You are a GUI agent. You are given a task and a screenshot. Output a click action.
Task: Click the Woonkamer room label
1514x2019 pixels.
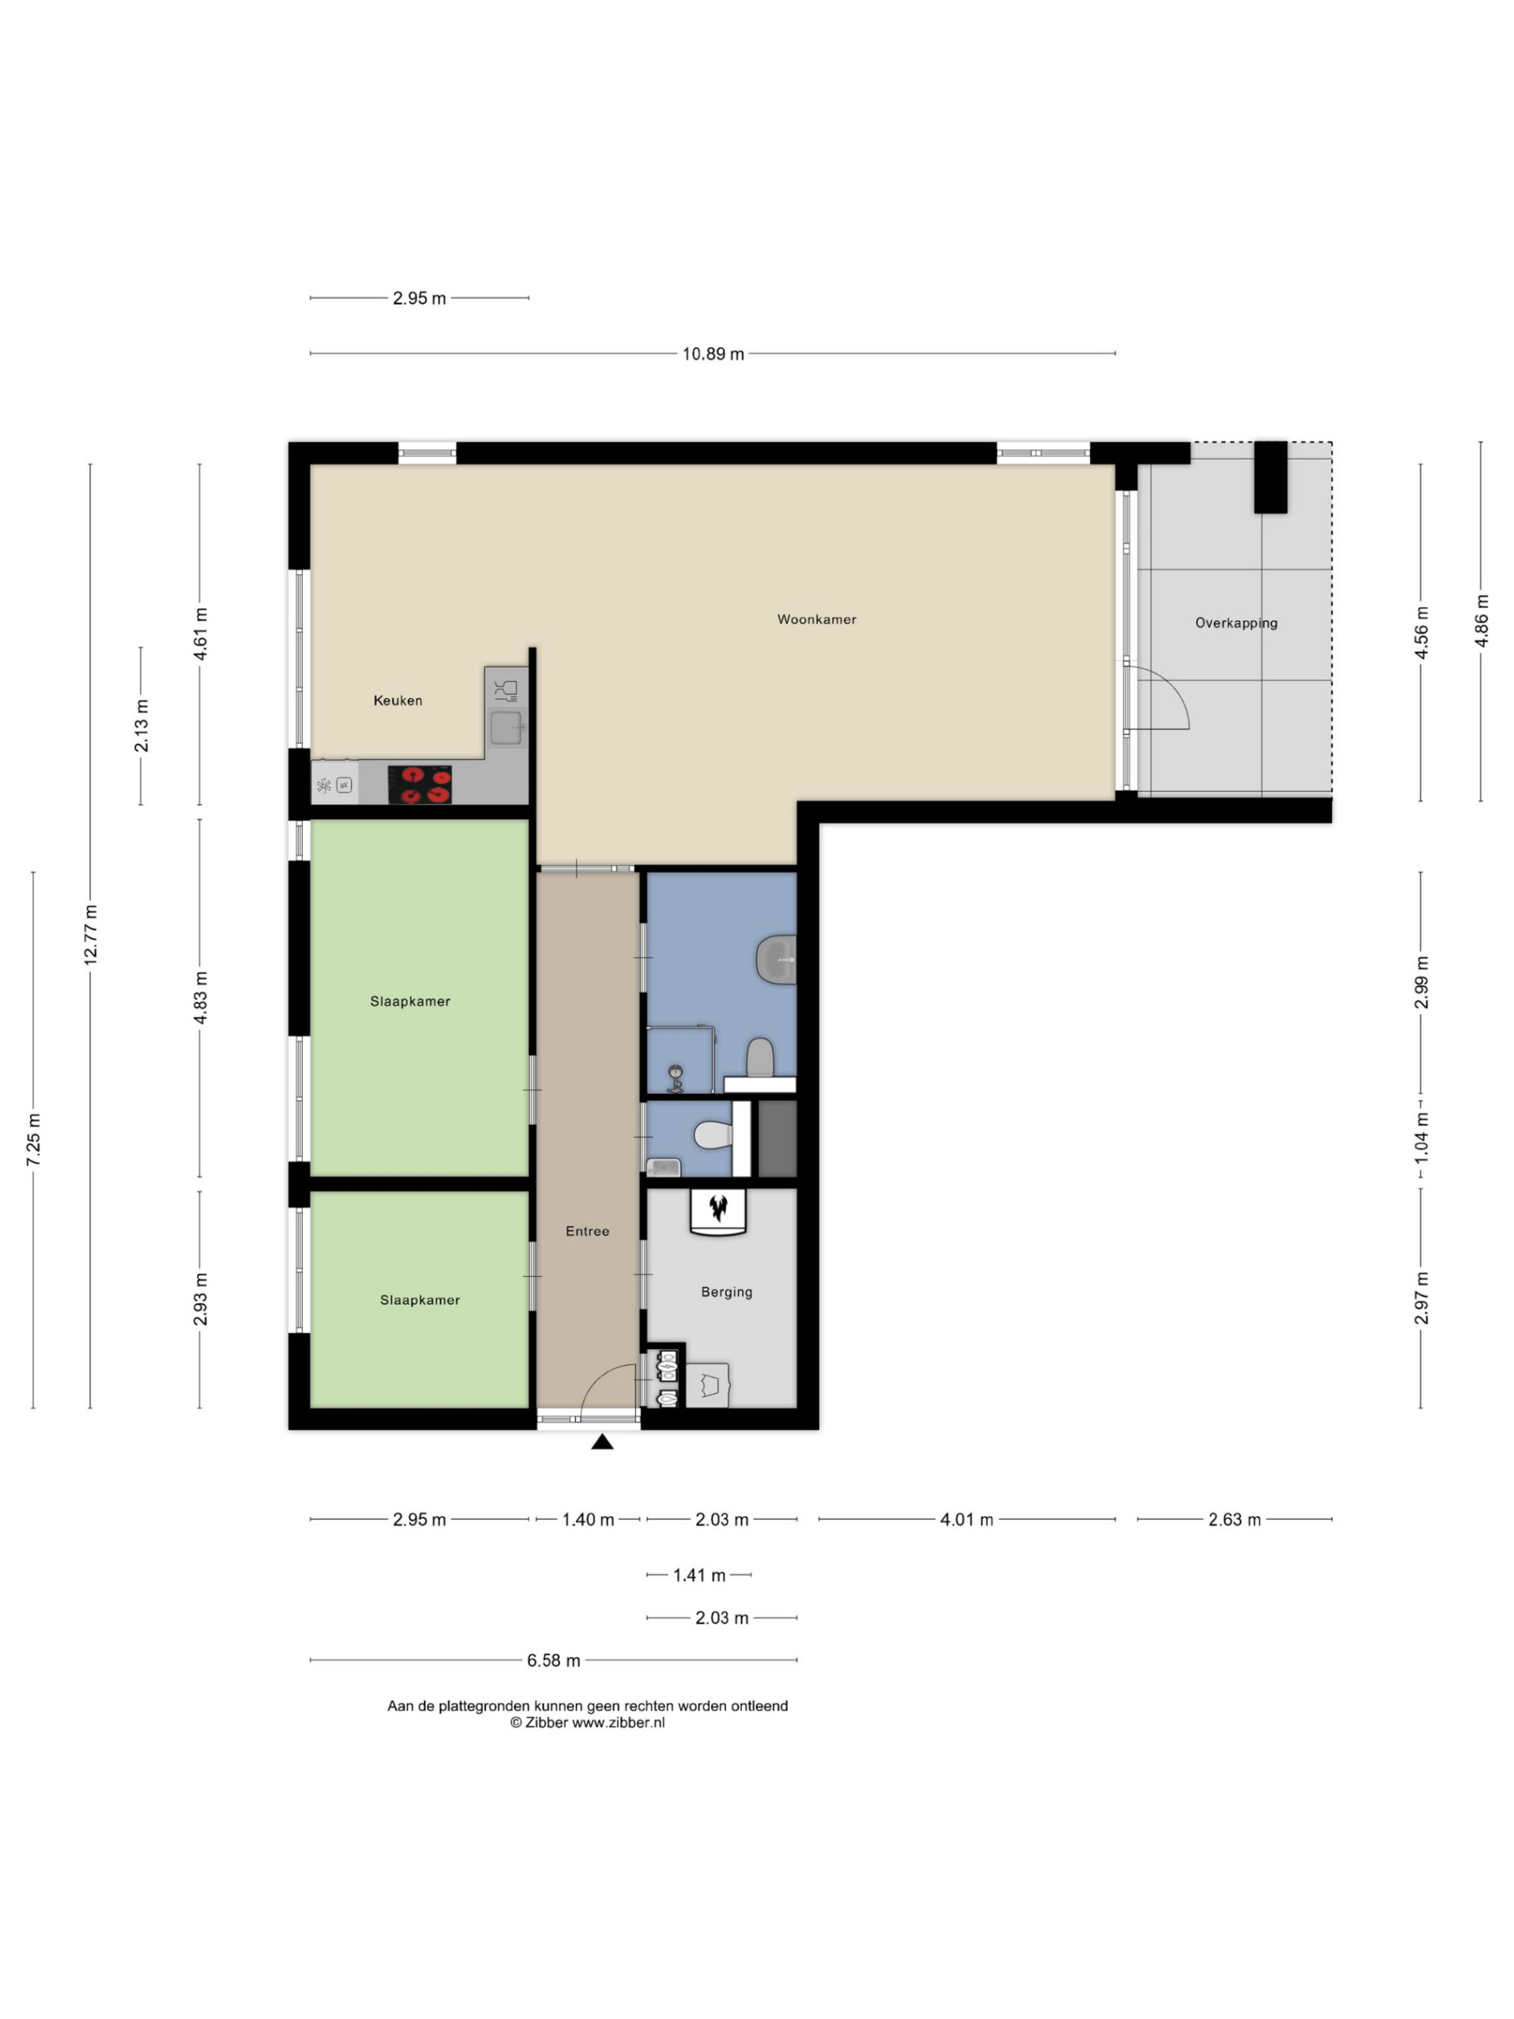tap(816, 618)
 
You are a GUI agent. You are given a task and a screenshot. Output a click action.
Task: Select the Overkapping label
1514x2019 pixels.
tap(1235, 623)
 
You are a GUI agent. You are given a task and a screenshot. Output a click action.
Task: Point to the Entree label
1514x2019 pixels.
tap(587, 1231)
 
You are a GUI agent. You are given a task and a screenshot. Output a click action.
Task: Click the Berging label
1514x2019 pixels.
tap(727, 1292)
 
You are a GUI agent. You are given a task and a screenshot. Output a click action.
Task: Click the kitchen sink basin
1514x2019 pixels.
tap(506, 728)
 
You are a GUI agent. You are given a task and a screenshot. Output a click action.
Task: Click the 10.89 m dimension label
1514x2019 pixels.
tap(713, 354)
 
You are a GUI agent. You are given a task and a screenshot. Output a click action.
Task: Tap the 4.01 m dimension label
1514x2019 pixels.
tap(967, 1519)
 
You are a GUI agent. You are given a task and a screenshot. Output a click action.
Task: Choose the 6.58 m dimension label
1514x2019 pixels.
tap(553, 1660)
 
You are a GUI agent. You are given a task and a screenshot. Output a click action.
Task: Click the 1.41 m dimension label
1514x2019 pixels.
tap(699, 1575)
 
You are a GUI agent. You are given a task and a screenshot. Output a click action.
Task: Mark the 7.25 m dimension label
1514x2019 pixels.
tap(34, 1139)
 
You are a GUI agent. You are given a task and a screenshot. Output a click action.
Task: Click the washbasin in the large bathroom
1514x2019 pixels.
tap(777, 960)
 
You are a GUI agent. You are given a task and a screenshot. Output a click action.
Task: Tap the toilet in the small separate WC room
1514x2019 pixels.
tap(713, 1136)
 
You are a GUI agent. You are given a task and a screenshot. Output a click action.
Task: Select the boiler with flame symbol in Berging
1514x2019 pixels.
tap(718, 1212)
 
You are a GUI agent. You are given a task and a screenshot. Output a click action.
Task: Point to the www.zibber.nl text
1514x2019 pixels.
tap(618, 1722)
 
